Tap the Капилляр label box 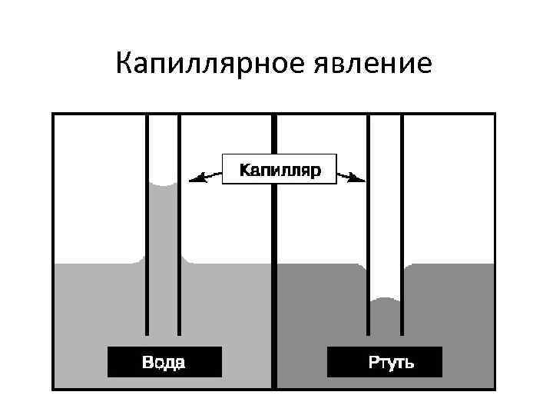point(280,169)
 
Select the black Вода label point(164,362)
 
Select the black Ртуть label point(384,362)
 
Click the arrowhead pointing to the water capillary point(194,180)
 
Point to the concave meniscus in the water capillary point(164,185)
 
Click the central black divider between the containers point(274,254)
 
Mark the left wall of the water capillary point(147,231)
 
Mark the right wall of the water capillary point(180,231)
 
